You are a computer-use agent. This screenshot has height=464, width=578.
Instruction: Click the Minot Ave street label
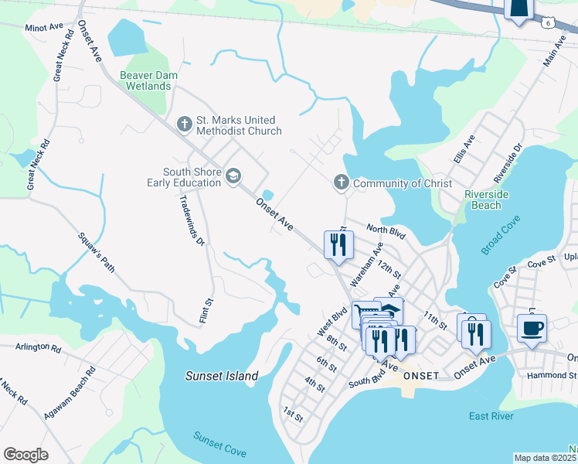tap(44, 27)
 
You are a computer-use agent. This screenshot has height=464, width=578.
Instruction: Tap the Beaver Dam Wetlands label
tap(145, 80)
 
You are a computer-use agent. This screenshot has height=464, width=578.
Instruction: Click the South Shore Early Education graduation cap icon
tap(233, 177)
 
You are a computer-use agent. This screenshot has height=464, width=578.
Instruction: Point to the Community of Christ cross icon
tap(341, 183)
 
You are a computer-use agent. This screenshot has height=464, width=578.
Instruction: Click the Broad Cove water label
tap(501, 235)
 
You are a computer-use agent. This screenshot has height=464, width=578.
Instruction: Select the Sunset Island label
tap(221, 376)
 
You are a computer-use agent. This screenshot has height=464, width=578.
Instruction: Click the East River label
tap(491, 417)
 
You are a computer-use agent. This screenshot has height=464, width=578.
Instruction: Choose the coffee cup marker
tap(532, 327)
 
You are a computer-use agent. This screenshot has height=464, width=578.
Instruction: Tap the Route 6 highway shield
tap(547, 25)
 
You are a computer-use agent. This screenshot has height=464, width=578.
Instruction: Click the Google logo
tap(26, 454)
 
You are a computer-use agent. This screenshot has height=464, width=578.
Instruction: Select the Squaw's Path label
tap(97, 252)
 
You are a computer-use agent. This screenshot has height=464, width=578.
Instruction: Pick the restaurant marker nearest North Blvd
tap(337, 245)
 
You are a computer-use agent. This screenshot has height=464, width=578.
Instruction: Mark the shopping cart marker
tap(365, 314)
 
